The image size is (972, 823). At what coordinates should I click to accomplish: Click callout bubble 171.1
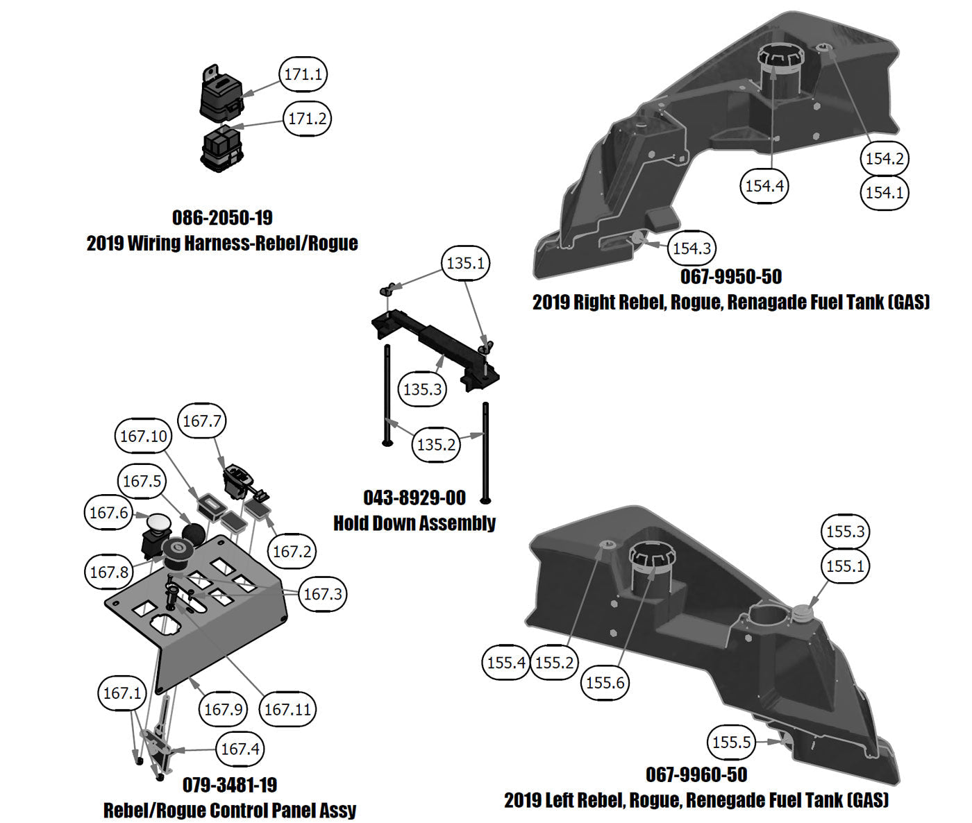303,74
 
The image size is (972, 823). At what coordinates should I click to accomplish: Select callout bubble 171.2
307,119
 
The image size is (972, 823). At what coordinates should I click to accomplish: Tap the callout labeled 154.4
764,185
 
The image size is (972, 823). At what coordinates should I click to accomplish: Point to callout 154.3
692,248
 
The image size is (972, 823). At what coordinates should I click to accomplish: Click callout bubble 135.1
465,264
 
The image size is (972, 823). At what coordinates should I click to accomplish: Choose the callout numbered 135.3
422,389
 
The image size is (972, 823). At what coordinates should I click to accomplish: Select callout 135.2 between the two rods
436,444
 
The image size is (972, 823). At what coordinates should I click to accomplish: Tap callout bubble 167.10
144,436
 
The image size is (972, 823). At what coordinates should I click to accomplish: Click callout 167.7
203,421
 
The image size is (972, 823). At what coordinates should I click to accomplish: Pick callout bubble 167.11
288,709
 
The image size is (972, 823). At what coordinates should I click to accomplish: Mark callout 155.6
605,682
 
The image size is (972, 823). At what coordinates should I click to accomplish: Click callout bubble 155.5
732,742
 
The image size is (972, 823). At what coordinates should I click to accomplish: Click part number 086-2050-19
222,218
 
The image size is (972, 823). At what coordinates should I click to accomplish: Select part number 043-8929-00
414,498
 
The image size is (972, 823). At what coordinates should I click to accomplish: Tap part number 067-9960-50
696,774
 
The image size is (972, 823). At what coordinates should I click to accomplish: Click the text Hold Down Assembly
414,523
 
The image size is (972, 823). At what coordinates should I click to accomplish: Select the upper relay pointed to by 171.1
220,95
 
